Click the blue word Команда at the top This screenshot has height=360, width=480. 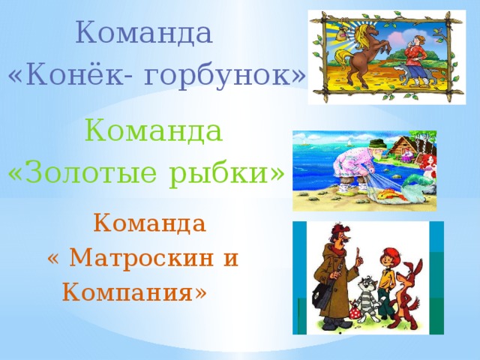145,33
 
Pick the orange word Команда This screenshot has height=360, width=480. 149,223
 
